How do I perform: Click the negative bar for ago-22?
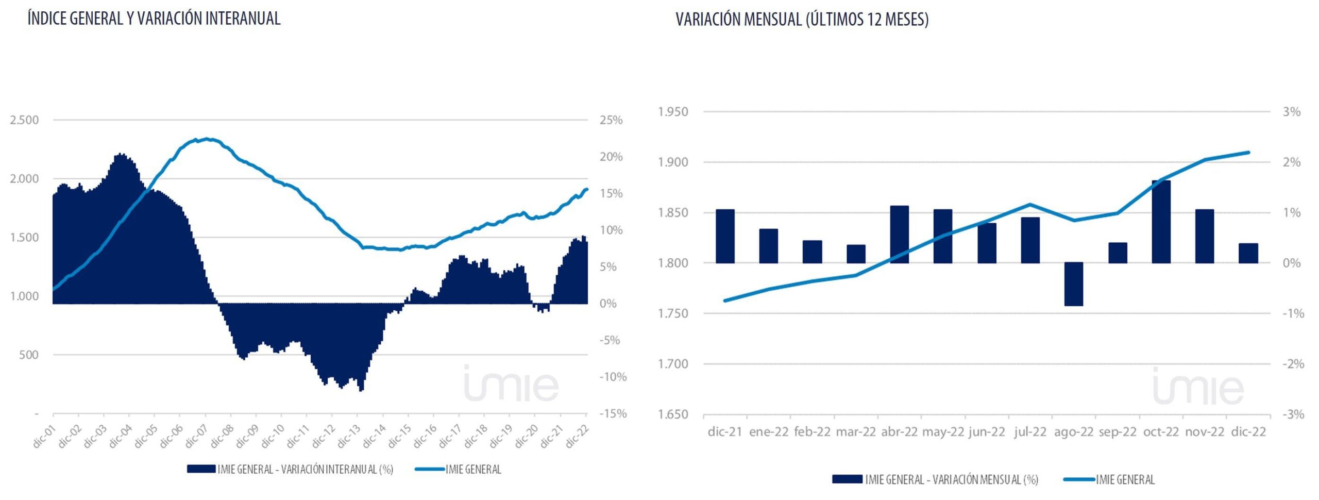pos(1073,284)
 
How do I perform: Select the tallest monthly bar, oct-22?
pos(1161,222)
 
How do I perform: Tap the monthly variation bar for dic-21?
pos(725,236)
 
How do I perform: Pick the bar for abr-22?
pos(899,235)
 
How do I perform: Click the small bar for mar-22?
pos(856,254)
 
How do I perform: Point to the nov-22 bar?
pos(1204,236)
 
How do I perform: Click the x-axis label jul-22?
pos(1030,432)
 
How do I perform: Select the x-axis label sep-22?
pos(1117,432)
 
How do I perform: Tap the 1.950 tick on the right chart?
pos(673,112)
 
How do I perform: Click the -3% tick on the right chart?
pos(1293,414)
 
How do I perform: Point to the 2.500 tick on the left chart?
pos(24,120)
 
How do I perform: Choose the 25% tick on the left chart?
pos(611,120)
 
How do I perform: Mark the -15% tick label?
pos(613,413)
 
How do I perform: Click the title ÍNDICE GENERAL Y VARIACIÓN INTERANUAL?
pos(154,19)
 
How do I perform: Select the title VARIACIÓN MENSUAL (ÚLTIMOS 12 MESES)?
pos(802,20)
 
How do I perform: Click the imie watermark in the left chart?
pos(511,384)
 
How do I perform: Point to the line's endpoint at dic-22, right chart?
pos(1248,153)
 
